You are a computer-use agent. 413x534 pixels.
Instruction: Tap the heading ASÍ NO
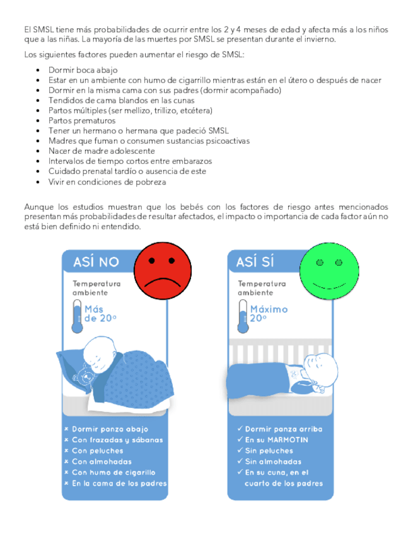(x=96, y=261)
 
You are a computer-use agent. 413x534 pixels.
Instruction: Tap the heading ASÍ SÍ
(x=255, y=261)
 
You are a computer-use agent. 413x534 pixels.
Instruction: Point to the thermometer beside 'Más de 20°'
(x=76, y=315)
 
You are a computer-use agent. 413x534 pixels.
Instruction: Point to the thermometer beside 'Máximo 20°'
(x=243, y=315)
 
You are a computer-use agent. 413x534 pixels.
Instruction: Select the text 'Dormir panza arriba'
(x=283, y=429)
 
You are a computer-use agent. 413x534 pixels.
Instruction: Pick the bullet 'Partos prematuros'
(x=82, y=120)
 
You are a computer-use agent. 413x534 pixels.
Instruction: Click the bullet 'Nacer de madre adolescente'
(x=102, y=151)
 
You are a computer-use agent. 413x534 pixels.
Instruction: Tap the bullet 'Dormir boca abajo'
(x=83, y=70)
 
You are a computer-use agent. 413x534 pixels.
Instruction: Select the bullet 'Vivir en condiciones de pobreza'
(x=107, y=182)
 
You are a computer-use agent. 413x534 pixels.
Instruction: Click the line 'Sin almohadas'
(x=268, y=462)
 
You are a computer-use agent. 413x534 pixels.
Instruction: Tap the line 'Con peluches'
(x=98, y=451)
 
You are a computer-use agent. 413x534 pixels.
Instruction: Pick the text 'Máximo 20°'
(x=269, y=314)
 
